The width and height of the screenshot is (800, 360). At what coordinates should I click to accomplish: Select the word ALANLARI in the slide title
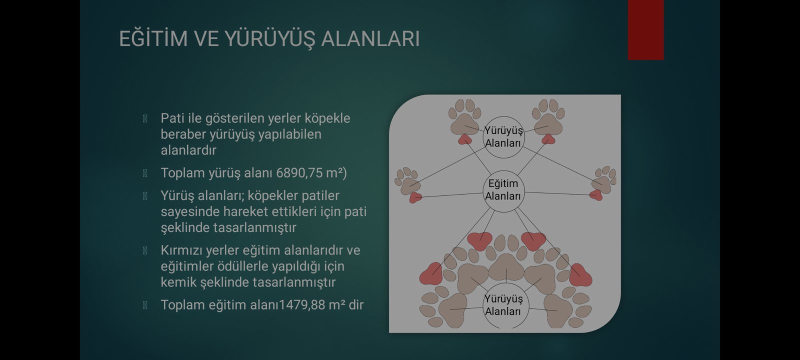(370, 38)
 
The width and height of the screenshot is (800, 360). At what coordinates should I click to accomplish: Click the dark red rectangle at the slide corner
(645, 29)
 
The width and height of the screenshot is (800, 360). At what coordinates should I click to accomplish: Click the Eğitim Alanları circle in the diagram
(503, 191)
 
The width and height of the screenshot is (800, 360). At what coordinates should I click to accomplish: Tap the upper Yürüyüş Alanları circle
(503, 137)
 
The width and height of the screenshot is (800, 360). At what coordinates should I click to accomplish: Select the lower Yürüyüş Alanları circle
(503, 305)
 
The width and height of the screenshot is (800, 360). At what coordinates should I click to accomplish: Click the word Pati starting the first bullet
(172, 118)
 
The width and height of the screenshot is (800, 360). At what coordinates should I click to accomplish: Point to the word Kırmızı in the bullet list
(181, 250)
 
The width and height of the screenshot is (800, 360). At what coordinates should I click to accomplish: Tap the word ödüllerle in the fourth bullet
(244, 266)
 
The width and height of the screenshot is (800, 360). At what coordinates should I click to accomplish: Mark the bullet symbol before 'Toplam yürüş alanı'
(145, 173)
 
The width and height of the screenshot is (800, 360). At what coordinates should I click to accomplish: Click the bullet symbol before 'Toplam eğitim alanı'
(145, 305)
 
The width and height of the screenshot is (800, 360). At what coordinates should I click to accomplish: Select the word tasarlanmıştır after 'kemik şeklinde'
(294, 282)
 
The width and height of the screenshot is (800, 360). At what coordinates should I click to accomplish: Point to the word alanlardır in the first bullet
(188, 150)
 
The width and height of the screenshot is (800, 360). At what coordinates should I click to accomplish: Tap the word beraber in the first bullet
(183, 134)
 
